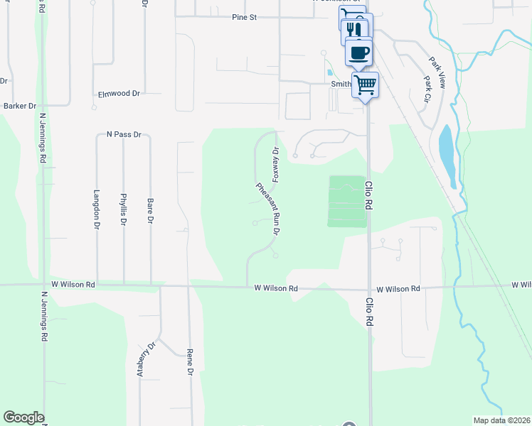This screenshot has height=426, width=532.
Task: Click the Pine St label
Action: point(243,17)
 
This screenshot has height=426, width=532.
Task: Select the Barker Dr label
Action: point(20,106)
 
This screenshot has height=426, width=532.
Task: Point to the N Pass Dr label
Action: point(124,133)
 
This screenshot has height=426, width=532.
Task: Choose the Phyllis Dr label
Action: point(124,209)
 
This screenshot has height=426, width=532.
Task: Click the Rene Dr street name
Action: point(190,361)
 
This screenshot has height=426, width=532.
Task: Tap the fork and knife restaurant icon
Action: point(354,30)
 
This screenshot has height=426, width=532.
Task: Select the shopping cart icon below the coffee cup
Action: point(365,84)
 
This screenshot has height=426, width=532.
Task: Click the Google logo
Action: point(23,417)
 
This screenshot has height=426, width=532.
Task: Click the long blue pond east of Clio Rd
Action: point(448,153)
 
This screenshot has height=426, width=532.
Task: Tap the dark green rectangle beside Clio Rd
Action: point(347,202)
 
